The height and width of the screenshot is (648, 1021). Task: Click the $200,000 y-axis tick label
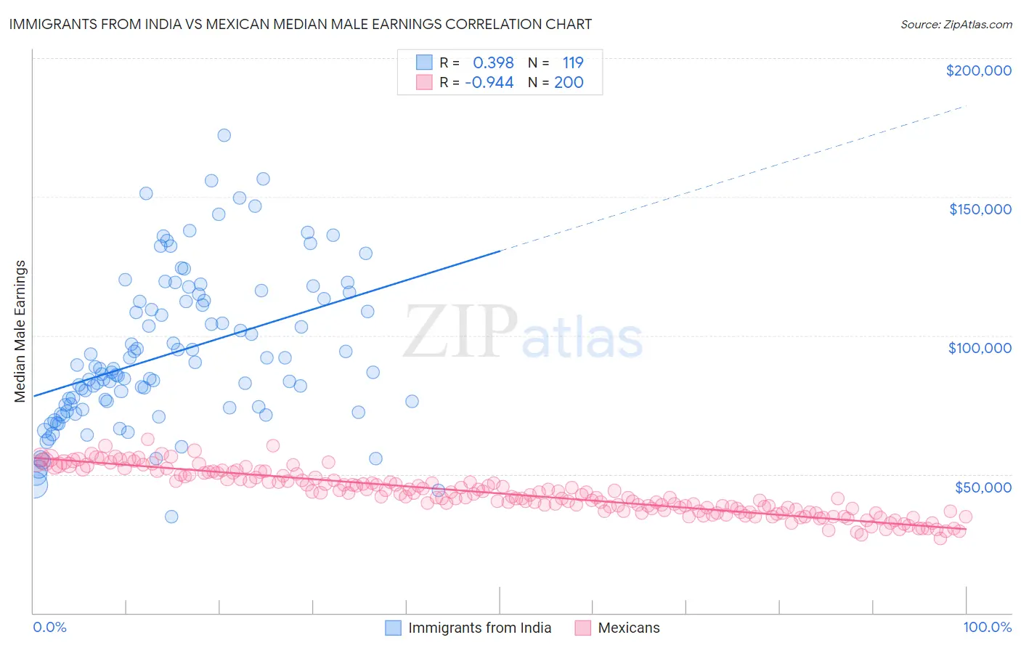coord(978,70)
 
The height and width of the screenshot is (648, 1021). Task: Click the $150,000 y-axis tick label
coord(980,209)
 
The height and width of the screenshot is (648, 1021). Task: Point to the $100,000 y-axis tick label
coord(980,348)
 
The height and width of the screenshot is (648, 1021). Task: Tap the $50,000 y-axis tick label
coord(983,487)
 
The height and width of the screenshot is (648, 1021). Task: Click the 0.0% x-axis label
coord(49,627)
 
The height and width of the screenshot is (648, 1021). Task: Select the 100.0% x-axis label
coord(987,627)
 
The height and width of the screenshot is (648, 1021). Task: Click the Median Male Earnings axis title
coord(20,331)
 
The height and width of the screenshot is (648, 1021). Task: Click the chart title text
coord(300,24)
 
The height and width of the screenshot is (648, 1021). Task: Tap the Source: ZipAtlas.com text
coord(956,24)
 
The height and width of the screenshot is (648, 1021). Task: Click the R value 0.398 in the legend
coord(493,62)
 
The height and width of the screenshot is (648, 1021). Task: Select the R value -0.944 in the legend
coord(489,82)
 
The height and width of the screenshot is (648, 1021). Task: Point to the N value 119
coord(572,62)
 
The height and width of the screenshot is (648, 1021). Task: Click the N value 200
coord(569,82)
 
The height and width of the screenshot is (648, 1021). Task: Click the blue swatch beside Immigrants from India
coord(393,628)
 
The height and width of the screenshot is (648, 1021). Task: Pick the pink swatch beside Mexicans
coord(582,628)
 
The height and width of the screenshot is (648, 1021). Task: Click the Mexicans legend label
coord(629,628)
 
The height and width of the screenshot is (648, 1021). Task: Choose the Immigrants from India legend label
coord(479,628)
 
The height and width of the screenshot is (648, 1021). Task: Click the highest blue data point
coord(224,135)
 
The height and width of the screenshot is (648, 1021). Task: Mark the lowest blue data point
coord(171,517)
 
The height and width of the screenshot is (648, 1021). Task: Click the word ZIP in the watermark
coord(460,332)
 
